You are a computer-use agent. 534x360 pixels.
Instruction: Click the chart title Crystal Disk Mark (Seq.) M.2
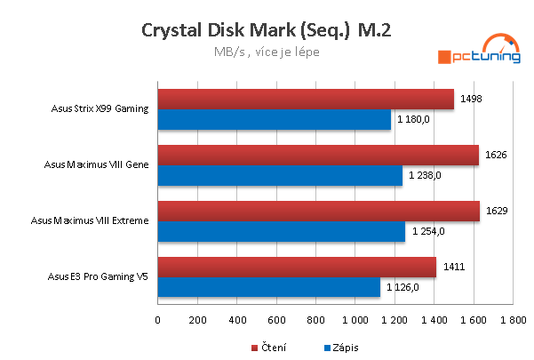pyautogui.click(x=267, y=30)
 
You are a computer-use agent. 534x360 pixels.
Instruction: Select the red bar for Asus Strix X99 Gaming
pyautogui.click(x=306, y=100)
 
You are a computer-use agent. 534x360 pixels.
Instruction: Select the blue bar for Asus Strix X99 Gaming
pyautogui.click(x=275, y=119)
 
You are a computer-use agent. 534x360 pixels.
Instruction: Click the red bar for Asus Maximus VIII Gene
pyautogui.click(x=318, y=156)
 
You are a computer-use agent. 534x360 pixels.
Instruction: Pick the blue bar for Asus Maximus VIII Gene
pyautogui.click(x=280, y=175)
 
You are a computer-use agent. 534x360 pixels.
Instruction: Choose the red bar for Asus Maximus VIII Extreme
pyautogui.click(x=318, y=212)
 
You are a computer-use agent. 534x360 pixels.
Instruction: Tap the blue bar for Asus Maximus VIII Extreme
pyautogui.click(x=282, y=231)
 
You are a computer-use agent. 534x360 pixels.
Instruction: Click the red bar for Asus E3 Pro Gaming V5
pyautogui.click(x=297, y=268)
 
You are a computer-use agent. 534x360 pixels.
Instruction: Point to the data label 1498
pyautogui.click(x=472, y=100)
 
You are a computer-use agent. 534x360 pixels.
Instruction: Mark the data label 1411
pyautogui.click(x=454, y=267)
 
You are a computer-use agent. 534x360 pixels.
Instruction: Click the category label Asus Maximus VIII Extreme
pyautogui.click(x=89, y=220)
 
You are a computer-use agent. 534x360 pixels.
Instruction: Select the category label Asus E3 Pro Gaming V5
pyautogui.click(x=98, y=276)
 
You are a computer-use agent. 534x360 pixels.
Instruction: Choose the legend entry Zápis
pyautogui.click(x=340, y=347)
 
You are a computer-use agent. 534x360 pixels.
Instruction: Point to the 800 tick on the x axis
pyautogui.click(x=315, y=319)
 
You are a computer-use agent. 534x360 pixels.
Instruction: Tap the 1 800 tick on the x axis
pyautogui.click(x=513, y=319)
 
